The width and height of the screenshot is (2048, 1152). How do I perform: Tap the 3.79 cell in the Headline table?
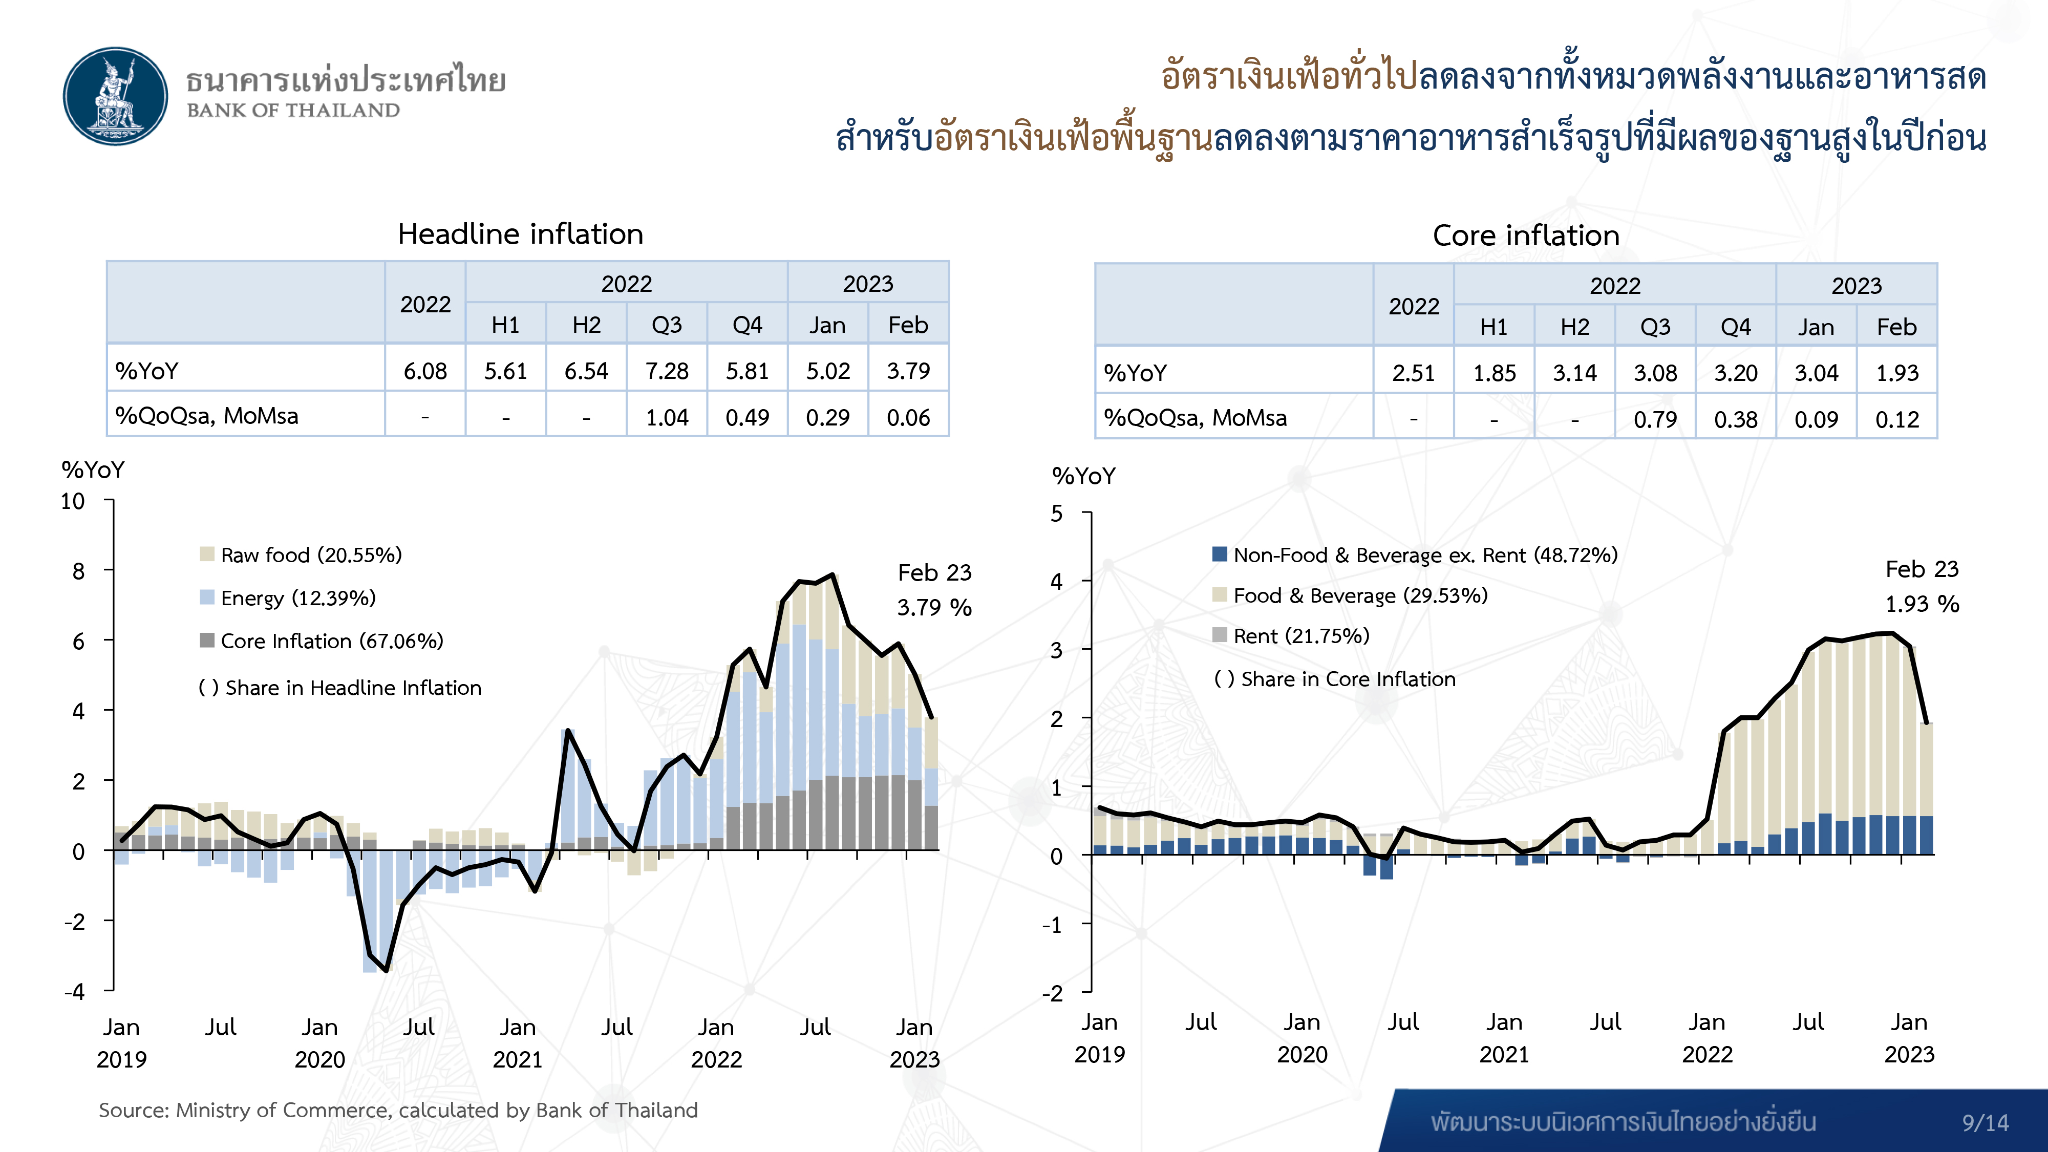[908, 371]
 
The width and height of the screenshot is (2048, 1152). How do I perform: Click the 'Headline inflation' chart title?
[520, 234]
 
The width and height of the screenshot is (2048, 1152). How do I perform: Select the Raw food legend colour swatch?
[207, 554]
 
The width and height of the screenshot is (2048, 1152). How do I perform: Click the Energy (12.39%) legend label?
[298, 598]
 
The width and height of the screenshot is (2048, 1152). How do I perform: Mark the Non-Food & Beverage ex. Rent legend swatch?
[1220, 554]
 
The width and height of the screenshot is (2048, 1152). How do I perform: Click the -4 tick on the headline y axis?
[75, 991]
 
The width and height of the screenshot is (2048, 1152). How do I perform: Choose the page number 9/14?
[1985, 1123]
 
